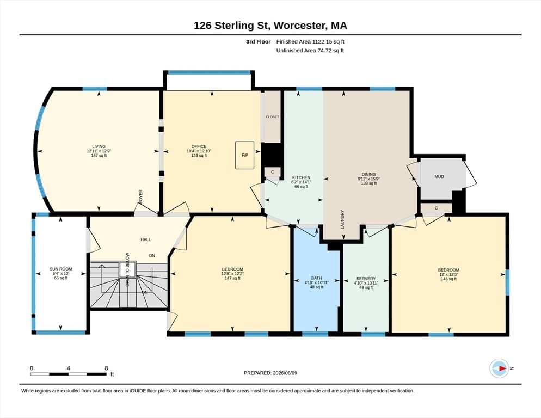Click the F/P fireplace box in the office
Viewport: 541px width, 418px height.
click(x=244, y=155)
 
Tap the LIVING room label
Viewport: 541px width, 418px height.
click(x=99, y=146)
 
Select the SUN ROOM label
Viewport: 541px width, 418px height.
click(x=61, y=269)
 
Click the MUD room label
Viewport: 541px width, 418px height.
click(x=439, y=176)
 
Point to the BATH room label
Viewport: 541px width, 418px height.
click(x=316, y=278)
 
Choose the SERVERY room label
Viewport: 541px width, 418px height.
click(x=366, y=279)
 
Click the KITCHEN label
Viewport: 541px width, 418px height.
click(x=301, y=177)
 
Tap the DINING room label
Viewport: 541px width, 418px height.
click(x=368, y=174)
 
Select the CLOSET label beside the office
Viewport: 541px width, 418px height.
click(x=272, y=117)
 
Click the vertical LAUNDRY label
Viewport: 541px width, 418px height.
click(x=342, y=219)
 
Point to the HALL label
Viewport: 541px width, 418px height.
click(x=146, y=239)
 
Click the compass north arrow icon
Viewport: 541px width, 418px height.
click(x=499, y=368)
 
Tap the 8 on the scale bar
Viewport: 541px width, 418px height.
click(x=106, y=368)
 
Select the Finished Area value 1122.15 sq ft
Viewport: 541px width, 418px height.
click(x=328, y=42)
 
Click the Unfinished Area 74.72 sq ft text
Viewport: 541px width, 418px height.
click(x=310, y=51)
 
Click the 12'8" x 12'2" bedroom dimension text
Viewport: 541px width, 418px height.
click(x=232, y=274)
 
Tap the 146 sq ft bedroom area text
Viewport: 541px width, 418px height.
click(x=448, y=279)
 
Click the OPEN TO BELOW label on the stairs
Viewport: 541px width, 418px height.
click(x=127, y=269)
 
